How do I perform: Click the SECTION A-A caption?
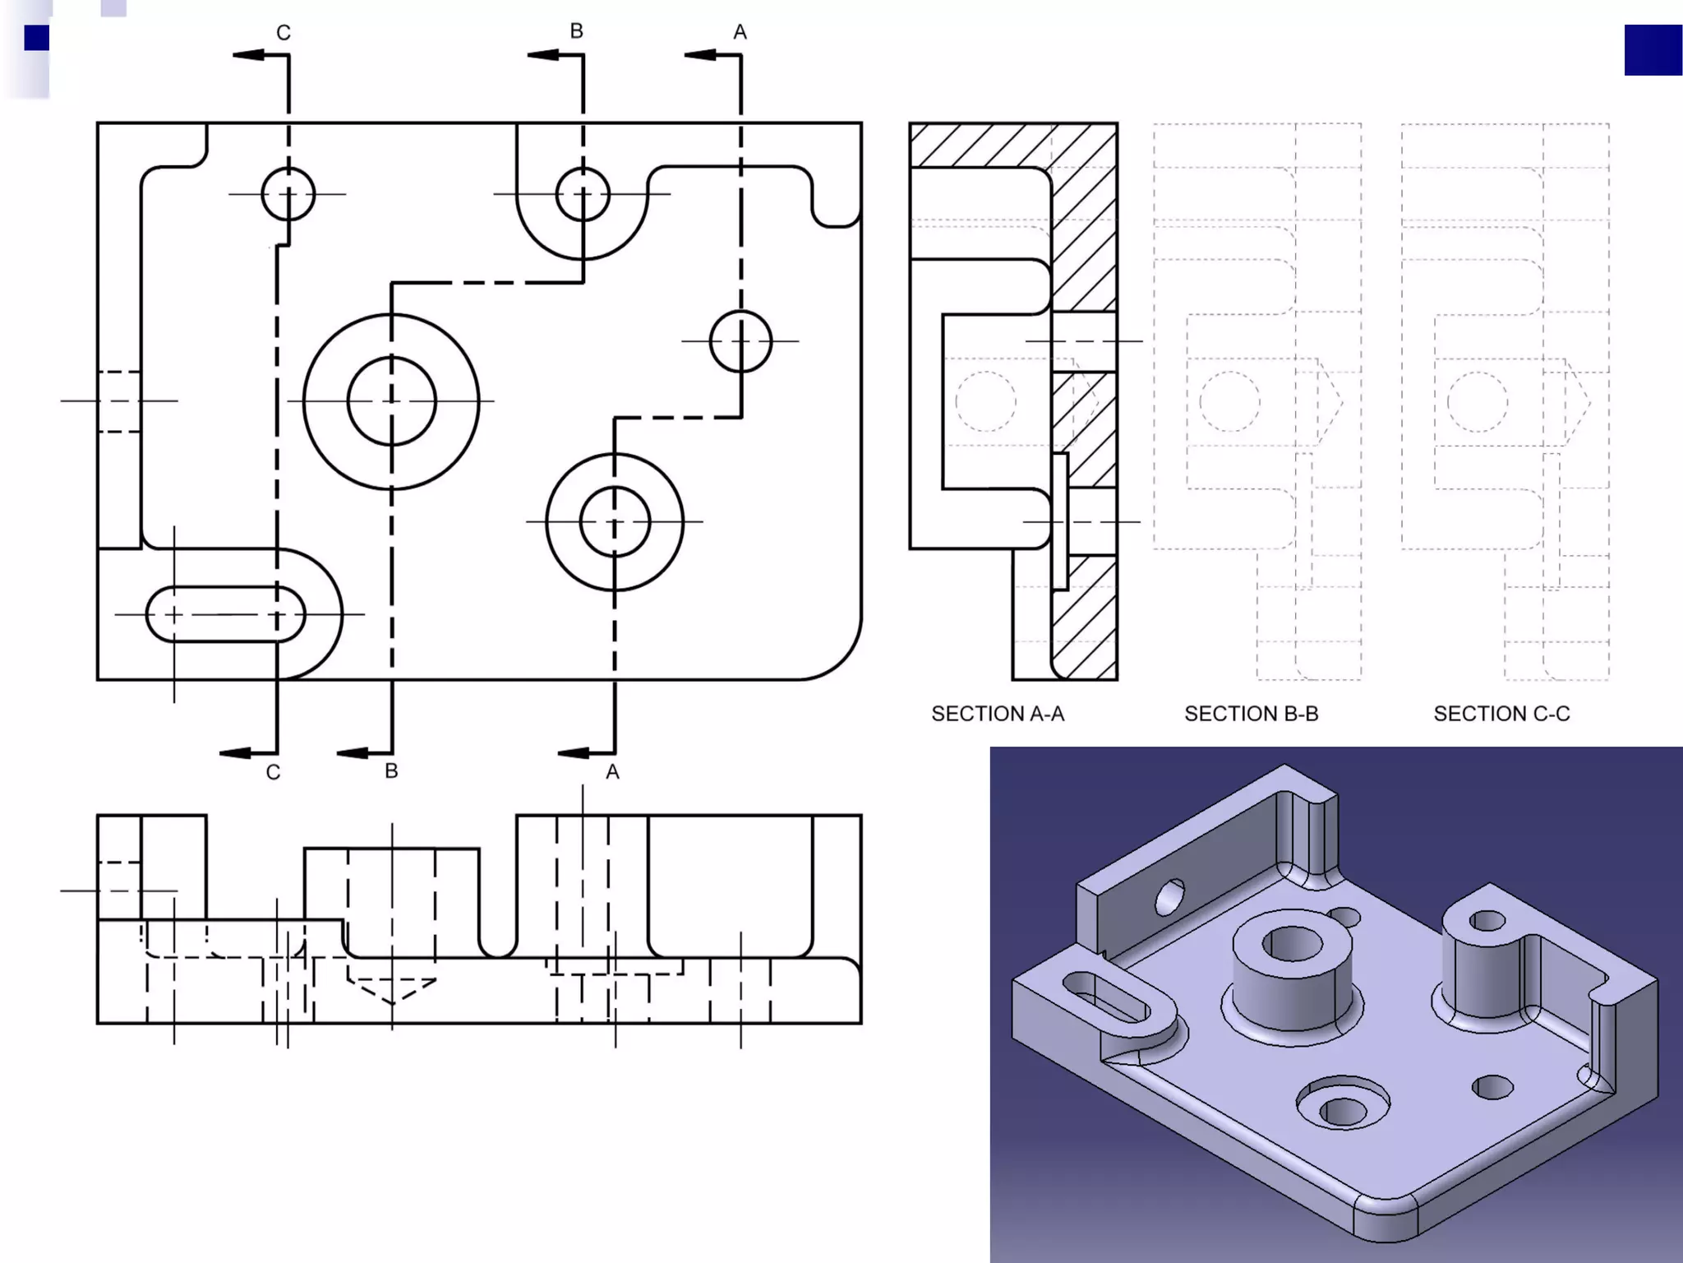997,714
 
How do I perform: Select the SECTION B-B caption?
1251,714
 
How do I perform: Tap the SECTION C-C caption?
1501,714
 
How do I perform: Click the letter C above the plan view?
284,33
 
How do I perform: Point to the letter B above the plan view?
576,31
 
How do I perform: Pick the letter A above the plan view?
740,32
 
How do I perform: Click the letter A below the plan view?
612,772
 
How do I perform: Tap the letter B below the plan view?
391,771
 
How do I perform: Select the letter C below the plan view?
274,773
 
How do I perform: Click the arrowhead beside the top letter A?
700,55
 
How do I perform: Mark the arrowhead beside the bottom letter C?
236,753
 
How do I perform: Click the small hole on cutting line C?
288,194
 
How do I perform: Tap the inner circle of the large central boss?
391,401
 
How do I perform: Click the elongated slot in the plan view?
225,614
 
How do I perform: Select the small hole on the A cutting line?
740,340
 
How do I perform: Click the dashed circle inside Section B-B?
1229,401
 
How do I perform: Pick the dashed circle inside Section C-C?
1477,401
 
